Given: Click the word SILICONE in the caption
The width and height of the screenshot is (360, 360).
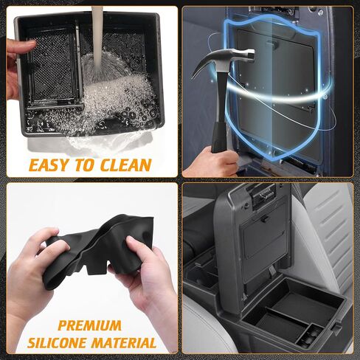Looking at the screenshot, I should (x=60, y=343).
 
